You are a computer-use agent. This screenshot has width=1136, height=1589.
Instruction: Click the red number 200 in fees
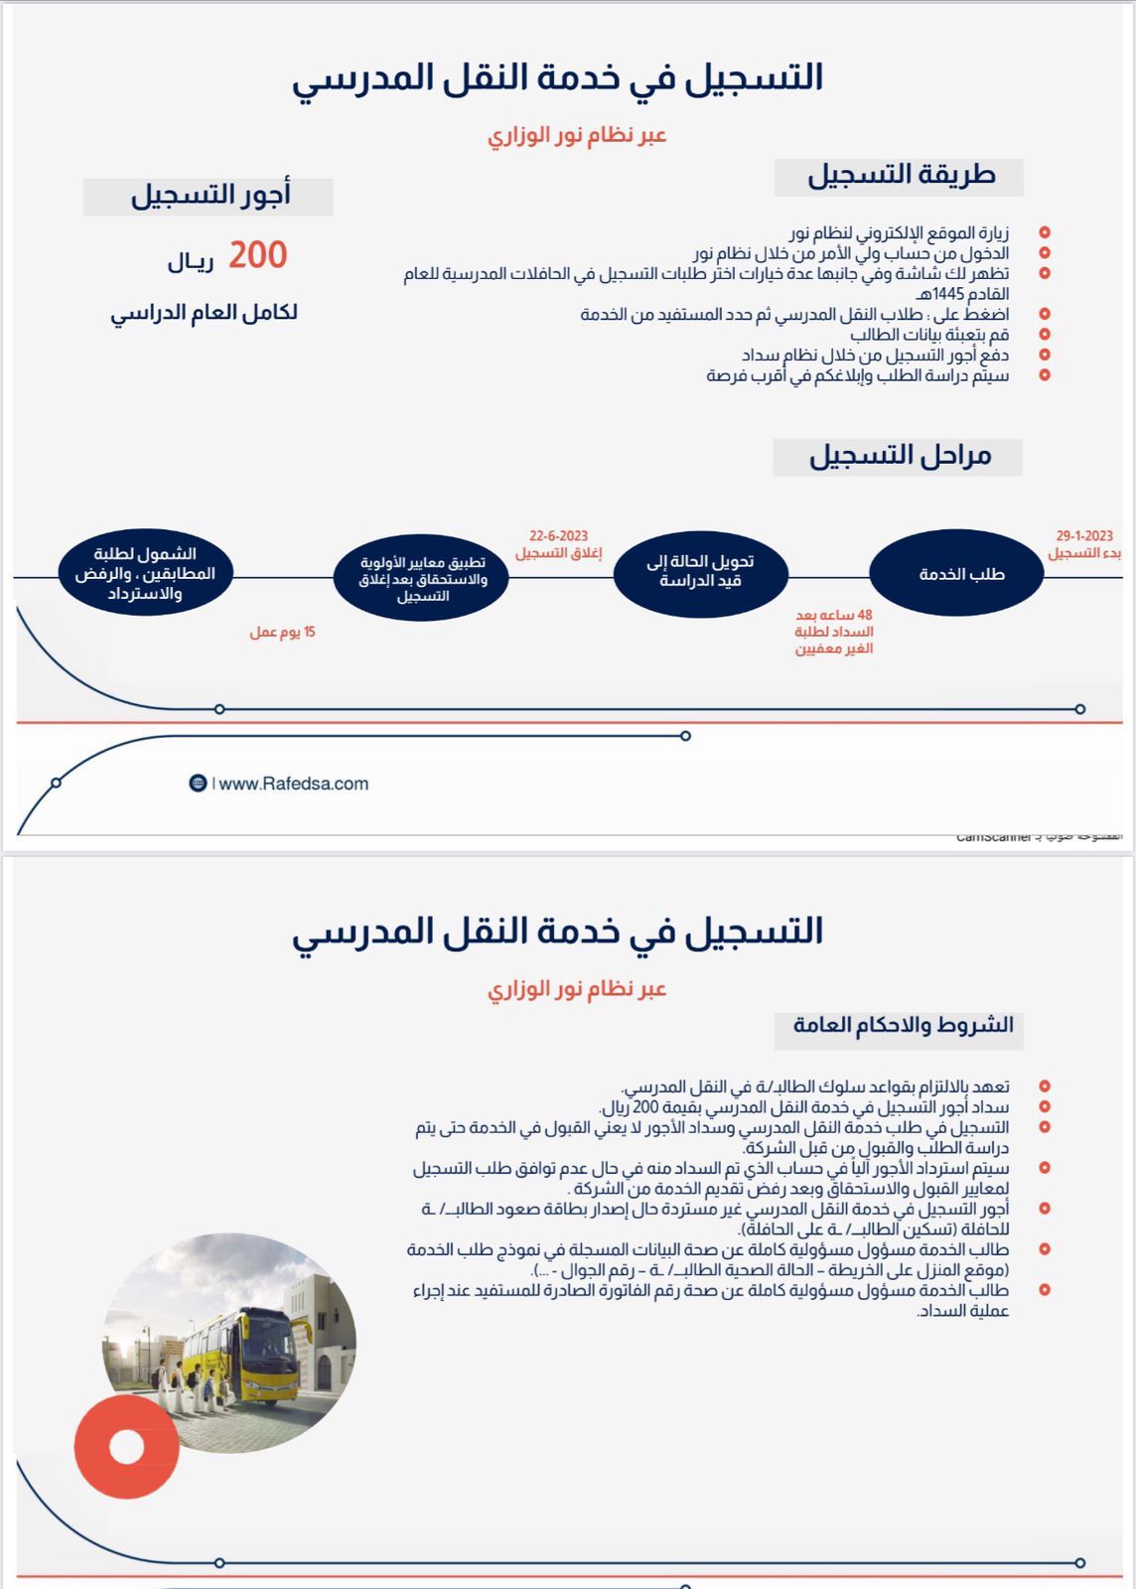point(257,255)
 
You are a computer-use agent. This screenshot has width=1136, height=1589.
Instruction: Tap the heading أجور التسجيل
point(210,195)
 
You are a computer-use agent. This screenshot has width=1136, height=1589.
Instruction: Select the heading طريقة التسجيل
point(900,176)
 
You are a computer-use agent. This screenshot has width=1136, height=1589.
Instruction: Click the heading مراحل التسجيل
point(899,456)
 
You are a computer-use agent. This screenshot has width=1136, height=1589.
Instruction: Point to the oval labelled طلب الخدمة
point(956,574)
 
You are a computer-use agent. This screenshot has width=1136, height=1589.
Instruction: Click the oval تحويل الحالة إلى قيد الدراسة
point(700,572)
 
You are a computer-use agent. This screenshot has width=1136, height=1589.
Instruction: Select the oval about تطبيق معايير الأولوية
point(423,578)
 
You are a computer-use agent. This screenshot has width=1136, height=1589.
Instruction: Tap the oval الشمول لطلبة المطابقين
point(145,573)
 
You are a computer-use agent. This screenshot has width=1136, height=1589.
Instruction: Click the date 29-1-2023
point(1084,535)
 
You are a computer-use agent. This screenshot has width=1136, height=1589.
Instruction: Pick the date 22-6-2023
point(558,535)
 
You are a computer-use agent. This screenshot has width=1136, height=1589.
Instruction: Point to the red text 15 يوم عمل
point(282,632)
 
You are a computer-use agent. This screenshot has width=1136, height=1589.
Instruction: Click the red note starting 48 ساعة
point(833,632)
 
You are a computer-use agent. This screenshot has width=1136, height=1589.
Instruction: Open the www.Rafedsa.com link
point(293,784)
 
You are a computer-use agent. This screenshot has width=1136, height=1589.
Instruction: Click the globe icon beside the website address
point(198,784)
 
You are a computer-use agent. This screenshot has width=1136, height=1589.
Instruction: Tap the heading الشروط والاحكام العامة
point(902,1025)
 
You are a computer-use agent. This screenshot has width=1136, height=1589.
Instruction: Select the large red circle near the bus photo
point(127,1446)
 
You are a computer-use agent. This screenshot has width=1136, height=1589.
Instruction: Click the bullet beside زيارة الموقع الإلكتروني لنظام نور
point(1045,232)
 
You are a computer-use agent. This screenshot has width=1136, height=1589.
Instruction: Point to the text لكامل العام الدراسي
point(204,313)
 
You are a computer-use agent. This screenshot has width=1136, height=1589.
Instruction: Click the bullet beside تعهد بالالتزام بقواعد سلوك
point(1045,1086)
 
